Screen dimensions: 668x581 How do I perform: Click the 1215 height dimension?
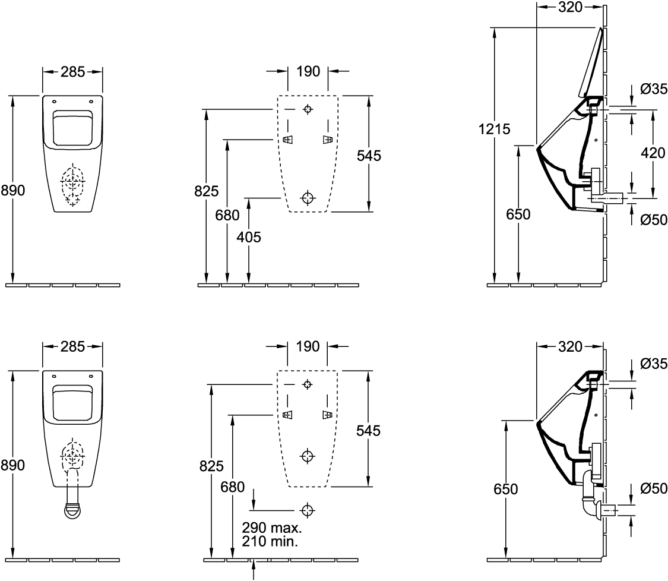tap(494, 129)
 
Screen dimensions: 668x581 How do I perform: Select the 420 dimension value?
tap(653, 153)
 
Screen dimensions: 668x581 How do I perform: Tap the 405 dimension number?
tap(249, 237)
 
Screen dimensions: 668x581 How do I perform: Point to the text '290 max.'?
tap(272, 528)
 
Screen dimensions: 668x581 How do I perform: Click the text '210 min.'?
tap(270, 541)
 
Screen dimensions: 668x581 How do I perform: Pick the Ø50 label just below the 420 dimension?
tap(654, 220)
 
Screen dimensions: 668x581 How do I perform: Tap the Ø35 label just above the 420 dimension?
tap(654, 89)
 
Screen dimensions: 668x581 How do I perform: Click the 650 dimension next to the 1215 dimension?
tap(518, 214)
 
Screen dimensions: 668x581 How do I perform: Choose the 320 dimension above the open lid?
tap(570, 7)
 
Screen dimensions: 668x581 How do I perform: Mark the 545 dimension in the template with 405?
tap(369, 156)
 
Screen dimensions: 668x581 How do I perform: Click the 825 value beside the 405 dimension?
tap(206, 191)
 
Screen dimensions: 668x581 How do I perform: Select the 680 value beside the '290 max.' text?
tap(233, 487)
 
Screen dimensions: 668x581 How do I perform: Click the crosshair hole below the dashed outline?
tap(307, 510)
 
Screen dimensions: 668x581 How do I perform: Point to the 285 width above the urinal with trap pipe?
tap(73, 346)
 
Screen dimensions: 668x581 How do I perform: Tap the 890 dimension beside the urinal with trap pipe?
tap(13, 465)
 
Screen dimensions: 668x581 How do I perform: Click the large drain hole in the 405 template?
tap(307, 198)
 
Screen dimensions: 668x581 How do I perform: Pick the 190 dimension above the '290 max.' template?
tap(308, 346)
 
